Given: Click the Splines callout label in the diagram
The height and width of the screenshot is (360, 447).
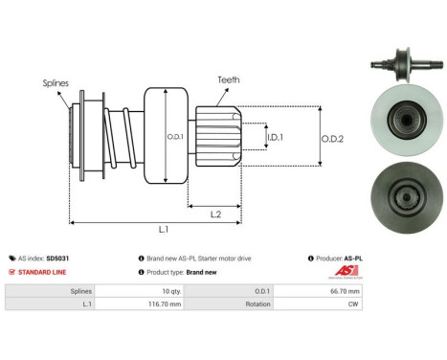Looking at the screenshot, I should pos(56,83).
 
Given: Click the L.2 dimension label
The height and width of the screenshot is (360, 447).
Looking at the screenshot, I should pos(217,214).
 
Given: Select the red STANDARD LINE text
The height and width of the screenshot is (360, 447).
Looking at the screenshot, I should pos(40,271).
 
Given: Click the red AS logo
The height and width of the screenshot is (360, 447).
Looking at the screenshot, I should pos(413,269).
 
